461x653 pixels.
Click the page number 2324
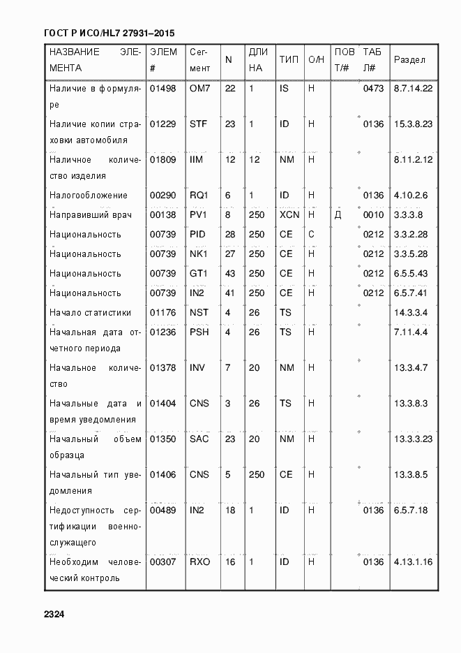point(54,615)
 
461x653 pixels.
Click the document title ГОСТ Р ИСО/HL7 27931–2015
point(109,33)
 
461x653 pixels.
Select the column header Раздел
point(409,60)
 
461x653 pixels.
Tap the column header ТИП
point(289,60)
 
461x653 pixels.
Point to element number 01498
point(163,89)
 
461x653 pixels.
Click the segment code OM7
point(199,89)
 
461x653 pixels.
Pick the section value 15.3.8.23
point(414,124)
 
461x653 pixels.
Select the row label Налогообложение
point(88,195)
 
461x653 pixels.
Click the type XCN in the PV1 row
point(289,214)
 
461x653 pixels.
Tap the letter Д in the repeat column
point(338,214)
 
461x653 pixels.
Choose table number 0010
point(373,214)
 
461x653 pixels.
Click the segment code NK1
point(199,254)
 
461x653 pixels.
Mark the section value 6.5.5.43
point(411,273)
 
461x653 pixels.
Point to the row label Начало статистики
point(90,312)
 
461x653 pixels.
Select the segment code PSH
point(199,332)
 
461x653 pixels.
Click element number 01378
point(163,367)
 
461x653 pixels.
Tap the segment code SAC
point(199,439)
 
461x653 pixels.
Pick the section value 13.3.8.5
point(411,474)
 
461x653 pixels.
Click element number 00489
point(163,511)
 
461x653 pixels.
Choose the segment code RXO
point(199,561)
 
